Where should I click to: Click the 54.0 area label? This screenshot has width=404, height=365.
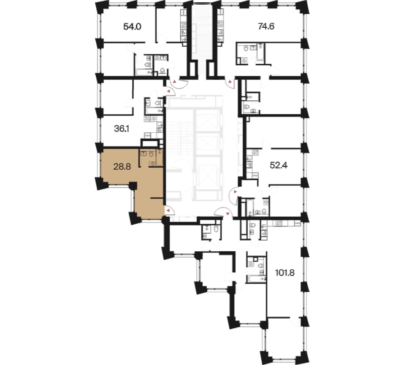click(132, 27)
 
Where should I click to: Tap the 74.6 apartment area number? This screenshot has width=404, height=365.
click(266, 26)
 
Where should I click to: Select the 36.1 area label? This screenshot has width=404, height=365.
click(122, 129)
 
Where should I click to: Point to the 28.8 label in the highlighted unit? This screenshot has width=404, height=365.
click(122, 167)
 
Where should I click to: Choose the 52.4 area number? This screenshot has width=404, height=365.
click(278, 165)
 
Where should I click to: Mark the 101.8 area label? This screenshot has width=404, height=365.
click(285, 273)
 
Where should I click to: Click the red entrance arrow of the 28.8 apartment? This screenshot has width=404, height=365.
click(168, 211)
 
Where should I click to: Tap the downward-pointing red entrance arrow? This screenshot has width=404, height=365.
click(227, 214)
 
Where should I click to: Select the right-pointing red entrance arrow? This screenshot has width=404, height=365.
click(235, 192)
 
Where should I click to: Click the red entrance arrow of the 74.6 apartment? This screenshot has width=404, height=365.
click(230, 82)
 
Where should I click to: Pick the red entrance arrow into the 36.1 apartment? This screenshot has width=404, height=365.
click(169, 91)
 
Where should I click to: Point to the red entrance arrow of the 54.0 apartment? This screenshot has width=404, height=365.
click(175, 82)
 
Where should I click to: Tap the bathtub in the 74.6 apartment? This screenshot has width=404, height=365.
click(260, 54)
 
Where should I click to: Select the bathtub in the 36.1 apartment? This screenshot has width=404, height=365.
click(154, 111)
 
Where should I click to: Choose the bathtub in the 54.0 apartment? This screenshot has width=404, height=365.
click(144, 72)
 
